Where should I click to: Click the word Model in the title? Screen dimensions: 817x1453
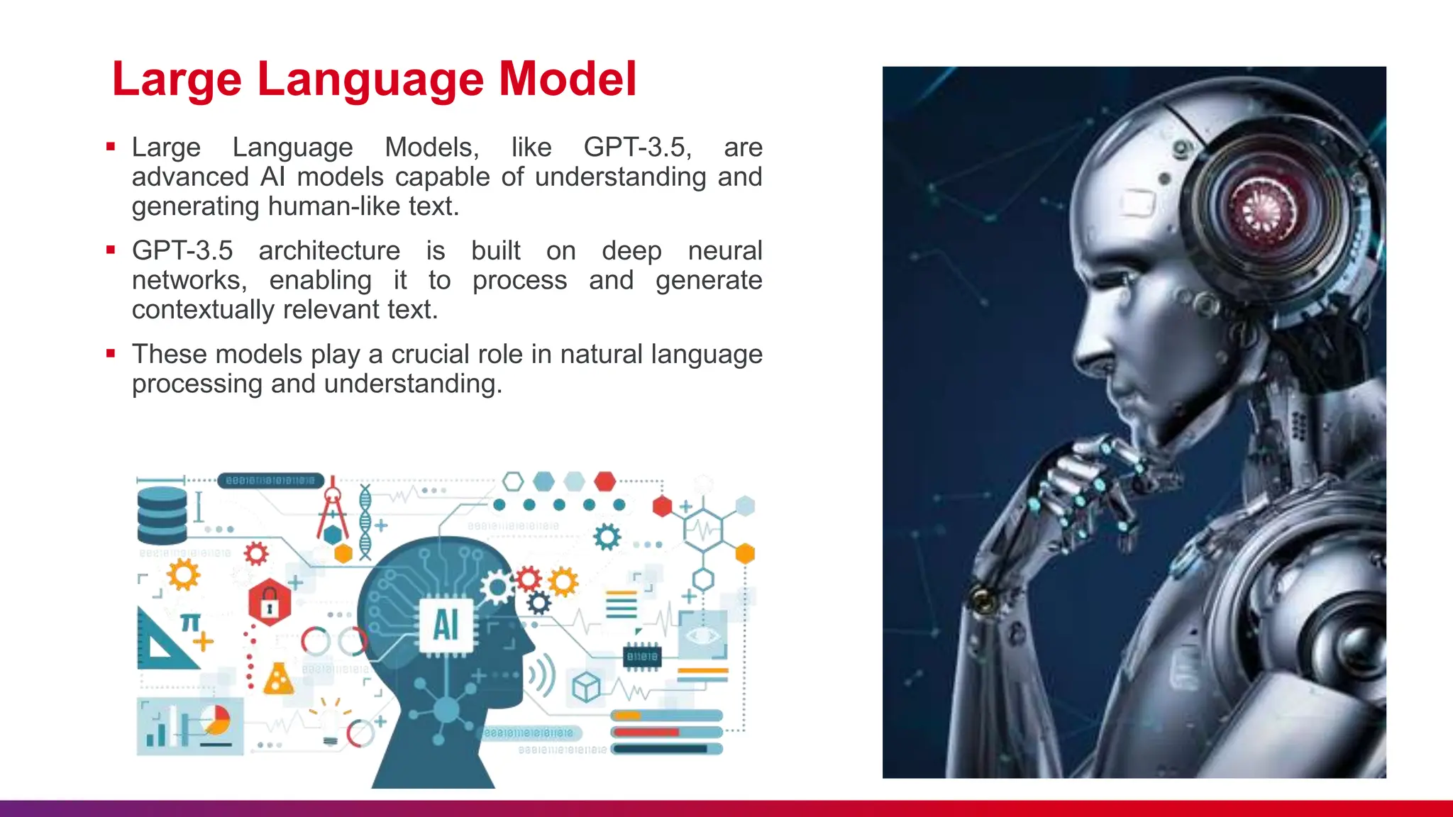(568, 79)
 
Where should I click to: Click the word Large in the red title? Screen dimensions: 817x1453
(177, 79)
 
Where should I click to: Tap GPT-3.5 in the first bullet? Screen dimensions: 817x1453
(636, 148)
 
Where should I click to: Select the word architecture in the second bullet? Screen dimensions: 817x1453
(329, 251)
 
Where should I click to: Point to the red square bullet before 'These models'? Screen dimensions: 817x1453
(111, 353)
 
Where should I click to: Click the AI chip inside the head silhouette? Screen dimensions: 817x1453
(446, 625)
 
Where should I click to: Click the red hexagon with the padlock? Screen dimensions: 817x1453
(270, 603)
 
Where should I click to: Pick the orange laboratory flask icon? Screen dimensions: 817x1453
(278, 679)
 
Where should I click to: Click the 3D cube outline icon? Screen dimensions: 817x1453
(586, 687)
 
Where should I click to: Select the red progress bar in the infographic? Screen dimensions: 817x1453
(646, 732)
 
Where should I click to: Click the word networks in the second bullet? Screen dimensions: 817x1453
(189, 281)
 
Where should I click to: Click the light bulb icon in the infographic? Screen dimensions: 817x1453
(331, 725)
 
